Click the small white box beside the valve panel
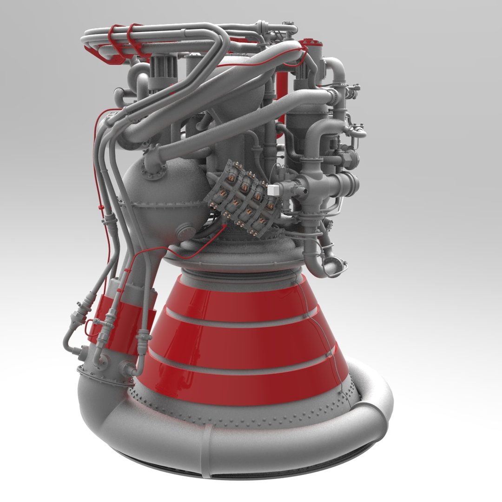tap(273, 189)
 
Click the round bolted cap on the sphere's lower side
tap(186, 231)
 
